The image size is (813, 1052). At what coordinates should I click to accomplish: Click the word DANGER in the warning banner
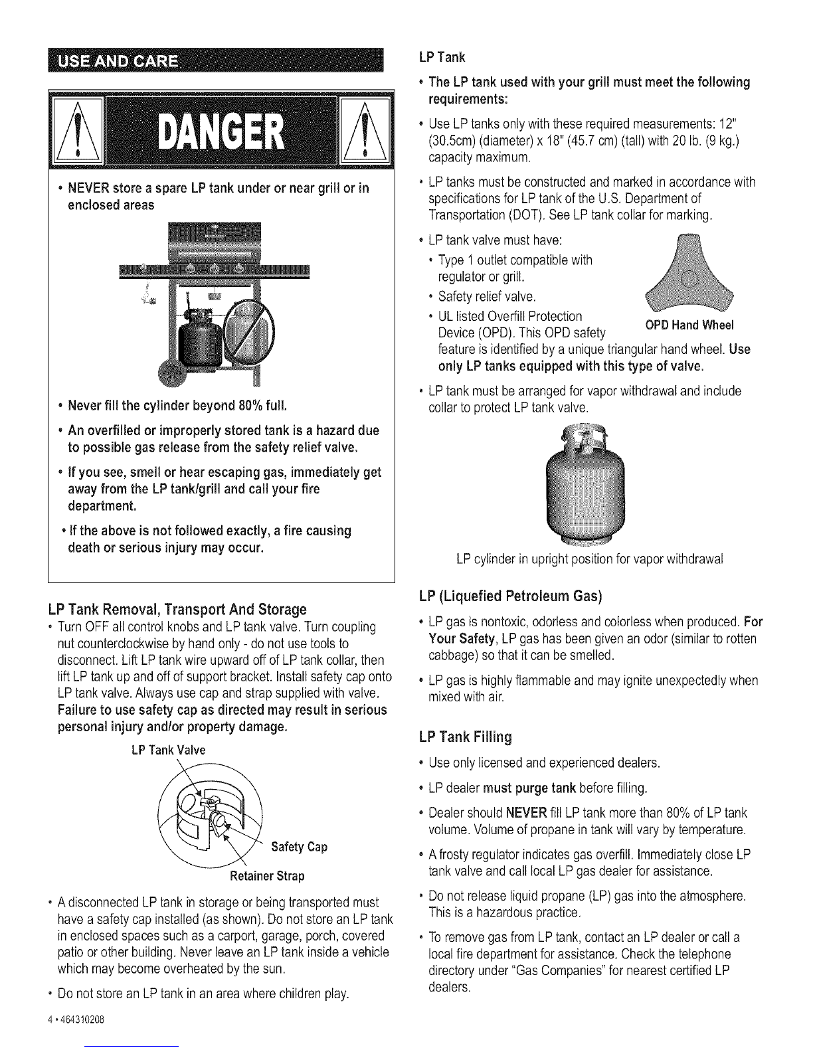[x=221, y=132]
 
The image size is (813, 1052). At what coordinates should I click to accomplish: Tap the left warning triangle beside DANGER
[x=78, y=130]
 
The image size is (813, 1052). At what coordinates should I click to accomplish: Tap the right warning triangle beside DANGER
[x=365, y=130]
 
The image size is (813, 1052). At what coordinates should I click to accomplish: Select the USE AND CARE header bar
[x=215, y=60]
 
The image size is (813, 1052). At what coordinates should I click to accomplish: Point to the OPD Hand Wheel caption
[x=689, y=325]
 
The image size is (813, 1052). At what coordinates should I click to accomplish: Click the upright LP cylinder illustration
[x=585, y=483]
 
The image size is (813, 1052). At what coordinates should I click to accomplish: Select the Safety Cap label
[x=300, y=847]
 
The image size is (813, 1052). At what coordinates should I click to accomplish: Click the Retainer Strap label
[x=267, y=876]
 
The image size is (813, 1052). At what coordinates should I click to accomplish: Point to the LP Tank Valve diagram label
[x=169, y=750]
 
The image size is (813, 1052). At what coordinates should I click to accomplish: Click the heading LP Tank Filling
[x=466, y=737]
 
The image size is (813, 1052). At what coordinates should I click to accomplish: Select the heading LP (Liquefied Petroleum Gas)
[x=510, y=596]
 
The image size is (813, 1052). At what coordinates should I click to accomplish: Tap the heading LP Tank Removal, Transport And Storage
[x=177, y=609]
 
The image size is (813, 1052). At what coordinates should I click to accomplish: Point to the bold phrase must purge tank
[x=530, y=788]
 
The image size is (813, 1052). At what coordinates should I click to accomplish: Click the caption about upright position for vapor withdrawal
[x=590, y=560]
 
